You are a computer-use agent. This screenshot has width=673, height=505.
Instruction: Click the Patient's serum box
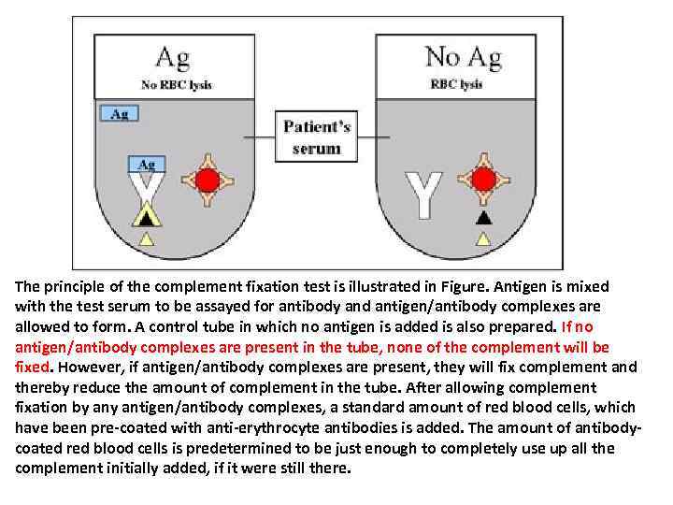pyautogui.click(x=316, y=137)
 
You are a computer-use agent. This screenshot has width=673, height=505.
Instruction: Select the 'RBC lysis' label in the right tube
pyautogui.click(x=456, y=84)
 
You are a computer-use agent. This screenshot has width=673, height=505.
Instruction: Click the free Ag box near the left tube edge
pyautogui.click(x=120, y=114)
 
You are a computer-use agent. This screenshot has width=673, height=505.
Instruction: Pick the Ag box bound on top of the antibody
pyautogui.click(x=147, y=164)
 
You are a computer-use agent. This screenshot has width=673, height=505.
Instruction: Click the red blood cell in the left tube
pyautogui.click(x=208, y=180)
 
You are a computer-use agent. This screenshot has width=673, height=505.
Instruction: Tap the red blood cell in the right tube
pyautogui.click(x=483, y=180)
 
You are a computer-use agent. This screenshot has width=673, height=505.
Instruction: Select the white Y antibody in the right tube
pyautogui.click(x=422, y=194)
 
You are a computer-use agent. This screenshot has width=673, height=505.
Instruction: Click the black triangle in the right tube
pyautogui.click(x=483, y=218)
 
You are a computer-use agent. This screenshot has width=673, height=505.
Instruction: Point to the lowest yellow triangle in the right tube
pyautogui.click(x=483, y=239)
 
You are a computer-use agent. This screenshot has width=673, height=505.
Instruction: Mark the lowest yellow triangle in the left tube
pyautogui.click(x=146, y=239)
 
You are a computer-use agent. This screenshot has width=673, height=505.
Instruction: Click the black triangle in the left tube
pyautogui.click(x=146, y=218)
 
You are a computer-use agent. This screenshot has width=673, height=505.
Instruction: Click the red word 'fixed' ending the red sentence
pyautogui.click(x=31, y=367)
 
